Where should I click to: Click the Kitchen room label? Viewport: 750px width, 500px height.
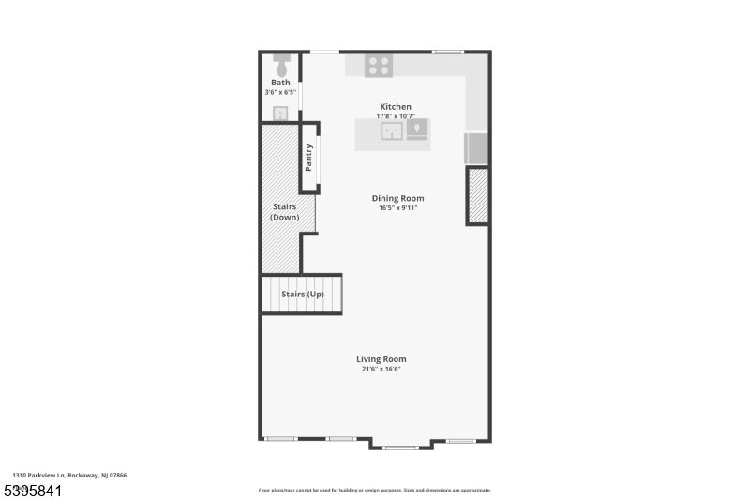395,106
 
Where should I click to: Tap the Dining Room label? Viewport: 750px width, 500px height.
397,198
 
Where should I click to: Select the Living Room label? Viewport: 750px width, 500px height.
381,358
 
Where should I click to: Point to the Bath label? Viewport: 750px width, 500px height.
280,83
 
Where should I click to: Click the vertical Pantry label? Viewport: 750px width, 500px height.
308,157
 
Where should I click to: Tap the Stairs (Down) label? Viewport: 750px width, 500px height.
284,211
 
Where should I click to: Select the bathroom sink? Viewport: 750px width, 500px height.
280,113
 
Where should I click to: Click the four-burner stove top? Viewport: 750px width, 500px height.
379,65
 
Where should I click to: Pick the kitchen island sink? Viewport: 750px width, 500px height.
392,130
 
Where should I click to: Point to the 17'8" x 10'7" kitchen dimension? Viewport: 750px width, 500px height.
395,116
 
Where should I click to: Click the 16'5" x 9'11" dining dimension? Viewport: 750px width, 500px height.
397,207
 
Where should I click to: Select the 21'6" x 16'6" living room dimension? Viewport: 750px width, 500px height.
381,369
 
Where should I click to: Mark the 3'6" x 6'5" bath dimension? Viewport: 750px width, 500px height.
280,92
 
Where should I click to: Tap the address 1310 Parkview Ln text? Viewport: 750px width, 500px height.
69,476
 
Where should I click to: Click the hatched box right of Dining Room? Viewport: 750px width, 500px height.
478,195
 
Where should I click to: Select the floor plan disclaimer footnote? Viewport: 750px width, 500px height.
374,490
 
